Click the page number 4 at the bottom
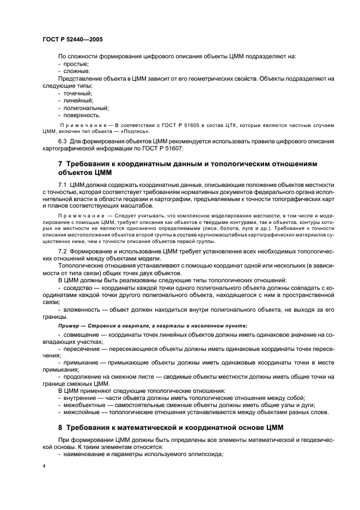[x=44, y=466]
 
